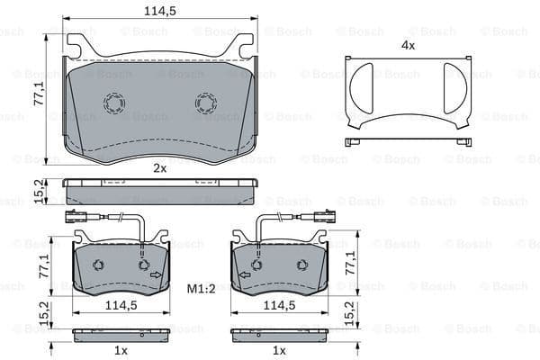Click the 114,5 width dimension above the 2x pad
[x=159, y=10]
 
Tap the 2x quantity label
[x=159, y=167]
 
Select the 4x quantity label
[x=408, y=44]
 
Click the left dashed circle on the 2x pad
[x=114, y=103]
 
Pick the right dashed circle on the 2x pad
[x=205, y=103]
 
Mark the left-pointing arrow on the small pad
[x=243, y=274]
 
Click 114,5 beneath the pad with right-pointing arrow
[x=120, y=306]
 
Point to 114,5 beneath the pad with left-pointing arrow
[x=279, y=306]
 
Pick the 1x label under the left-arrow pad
[x=279, y=350]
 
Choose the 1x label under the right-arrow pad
[x=120, y=350]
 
